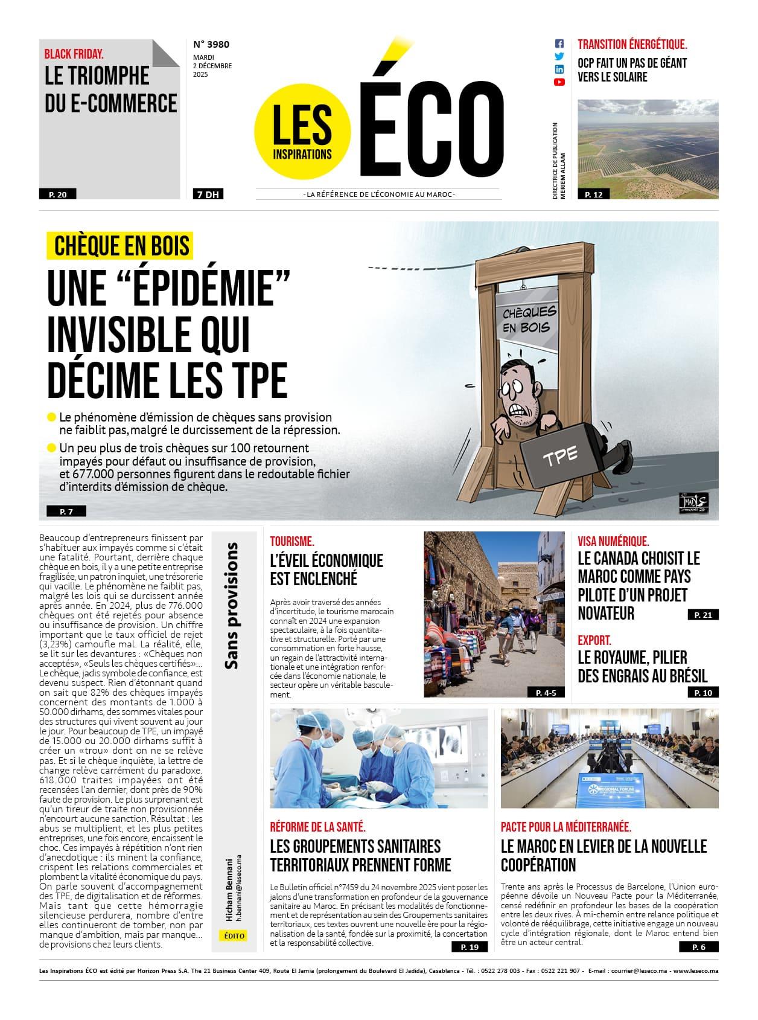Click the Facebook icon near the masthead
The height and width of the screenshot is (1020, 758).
pos(559,44)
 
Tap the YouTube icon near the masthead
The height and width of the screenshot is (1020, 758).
pos(559,82)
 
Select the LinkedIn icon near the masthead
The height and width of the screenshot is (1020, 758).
pos(559,69)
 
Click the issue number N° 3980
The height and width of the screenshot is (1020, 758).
pos(211,44)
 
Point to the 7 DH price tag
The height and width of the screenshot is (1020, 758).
pos(207,194)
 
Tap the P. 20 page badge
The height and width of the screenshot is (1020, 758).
pos(58,194)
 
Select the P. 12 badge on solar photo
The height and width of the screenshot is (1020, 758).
pos(593,194)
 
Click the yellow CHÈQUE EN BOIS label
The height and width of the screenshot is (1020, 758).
pos(121,246)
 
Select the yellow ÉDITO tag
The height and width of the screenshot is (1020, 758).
pos(234,935)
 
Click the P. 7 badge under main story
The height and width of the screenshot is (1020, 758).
pos(66,512)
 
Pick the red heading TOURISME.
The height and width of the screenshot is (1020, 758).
pos(292,542)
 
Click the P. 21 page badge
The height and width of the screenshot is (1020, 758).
pos(703,615)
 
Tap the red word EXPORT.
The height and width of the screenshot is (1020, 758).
pos(594,640)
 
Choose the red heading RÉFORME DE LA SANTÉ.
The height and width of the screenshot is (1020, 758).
pos(317,827)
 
